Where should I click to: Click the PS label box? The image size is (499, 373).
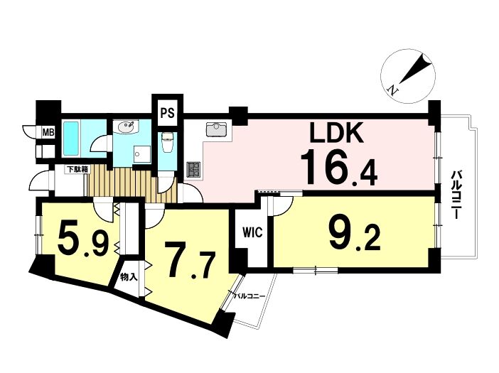pos(167,113)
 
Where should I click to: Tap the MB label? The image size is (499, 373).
pos(48,131)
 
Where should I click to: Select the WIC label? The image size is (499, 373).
pos(252,232)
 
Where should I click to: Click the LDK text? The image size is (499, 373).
pos(336,133)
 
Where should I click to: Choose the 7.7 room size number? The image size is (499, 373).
pos(189,260)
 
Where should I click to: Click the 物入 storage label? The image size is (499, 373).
pos(129,277)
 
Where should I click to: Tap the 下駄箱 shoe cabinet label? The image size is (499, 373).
pos(77,169)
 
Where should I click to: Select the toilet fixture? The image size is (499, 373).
pos(167,142)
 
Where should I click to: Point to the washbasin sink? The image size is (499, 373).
pos(127,126)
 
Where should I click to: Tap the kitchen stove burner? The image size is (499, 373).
pos(194,170)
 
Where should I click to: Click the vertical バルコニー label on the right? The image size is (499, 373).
pos(456,195)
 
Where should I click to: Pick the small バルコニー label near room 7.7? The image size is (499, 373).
pos(250,296)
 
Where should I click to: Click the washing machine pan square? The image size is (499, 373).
pos(141,154)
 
